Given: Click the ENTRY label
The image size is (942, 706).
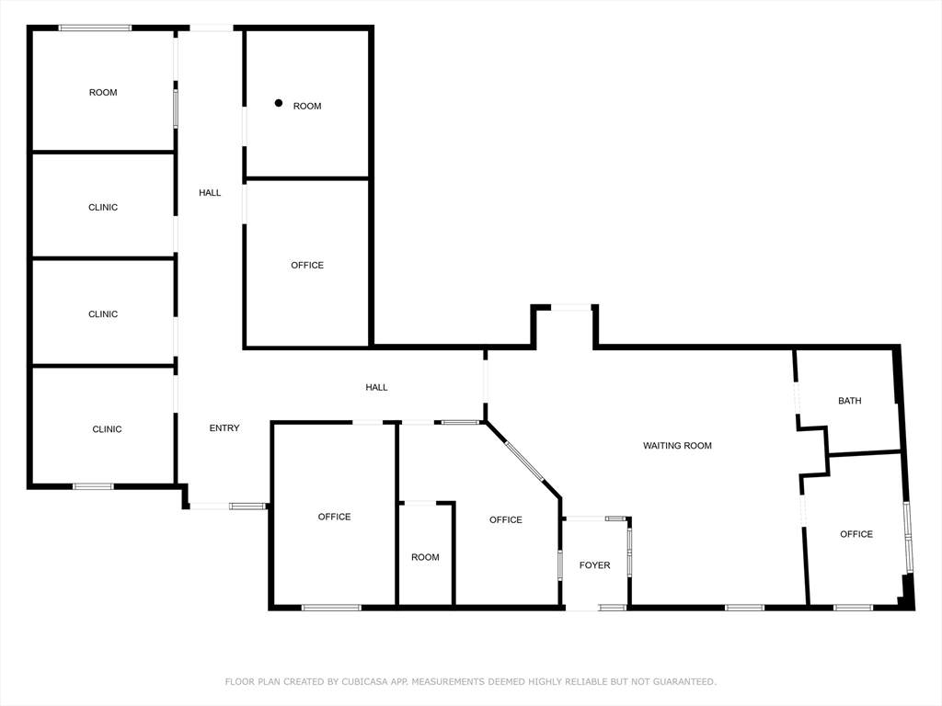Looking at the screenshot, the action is tap(224, 428).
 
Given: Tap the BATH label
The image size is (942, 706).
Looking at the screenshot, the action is tap(849, 401).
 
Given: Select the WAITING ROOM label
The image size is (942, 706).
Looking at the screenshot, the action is tap(677, 446).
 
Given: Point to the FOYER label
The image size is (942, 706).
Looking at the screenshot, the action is tap(595, 565).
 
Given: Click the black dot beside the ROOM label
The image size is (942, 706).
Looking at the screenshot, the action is tap(278, 103).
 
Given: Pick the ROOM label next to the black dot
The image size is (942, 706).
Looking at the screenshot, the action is tap(307, 107).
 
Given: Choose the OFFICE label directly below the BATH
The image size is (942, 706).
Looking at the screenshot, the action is tap(856, 534).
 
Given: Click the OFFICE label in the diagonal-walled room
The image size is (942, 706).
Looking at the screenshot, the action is tap(505, 520).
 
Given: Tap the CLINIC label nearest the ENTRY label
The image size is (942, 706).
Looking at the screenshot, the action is tap(107, 429).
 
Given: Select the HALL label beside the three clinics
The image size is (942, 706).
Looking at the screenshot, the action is tap(210, 193).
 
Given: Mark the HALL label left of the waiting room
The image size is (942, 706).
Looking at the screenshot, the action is tap(376, 387).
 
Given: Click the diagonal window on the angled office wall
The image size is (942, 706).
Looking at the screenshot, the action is tap(523, 461).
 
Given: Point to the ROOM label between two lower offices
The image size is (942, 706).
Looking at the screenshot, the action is tap(425, 557).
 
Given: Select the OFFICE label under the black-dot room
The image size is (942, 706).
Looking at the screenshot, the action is tap(307, 266).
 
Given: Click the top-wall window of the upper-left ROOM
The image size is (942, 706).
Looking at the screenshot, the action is tap(95, 28).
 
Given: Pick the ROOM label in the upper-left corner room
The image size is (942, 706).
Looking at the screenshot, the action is tap(103, 93).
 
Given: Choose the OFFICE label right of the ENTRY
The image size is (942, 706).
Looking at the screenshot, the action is tap(334, 517).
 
